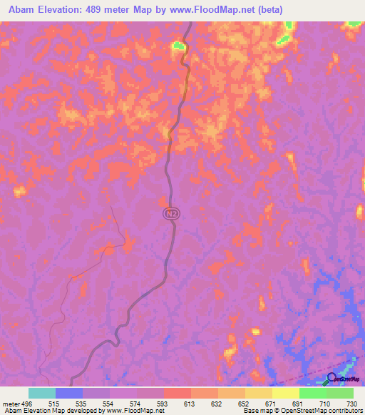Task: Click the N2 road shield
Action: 170,213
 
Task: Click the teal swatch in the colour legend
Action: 41,393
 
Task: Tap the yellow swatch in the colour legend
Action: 285,393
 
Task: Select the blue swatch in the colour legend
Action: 68,393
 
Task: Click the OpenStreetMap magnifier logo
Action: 332,378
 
